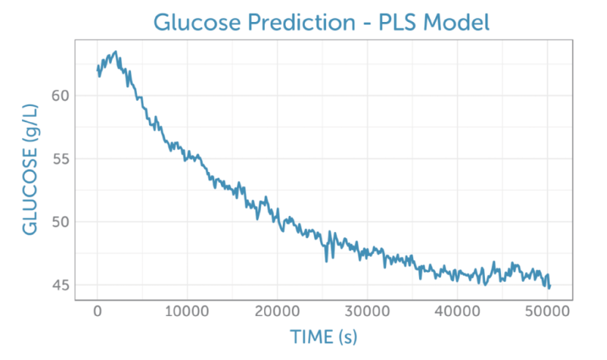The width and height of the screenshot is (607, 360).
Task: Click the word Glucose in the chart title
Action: coord(197,22)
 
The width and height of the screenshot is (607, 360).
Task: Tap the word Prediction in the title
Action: coord(301,22)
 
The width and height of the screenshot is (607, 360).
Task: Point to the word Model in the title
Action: coord(456,22)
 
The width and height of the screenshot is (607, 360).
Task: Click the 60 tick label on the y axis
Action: coord(61,95)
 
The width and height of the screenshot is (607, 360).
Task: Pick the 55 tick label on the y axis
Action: coord(61,159)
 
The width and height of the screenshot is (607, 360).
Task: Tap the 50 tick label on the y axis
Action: coord(61,222)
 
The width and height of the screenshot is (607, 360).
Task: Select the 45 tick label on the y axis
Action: coord(61,285)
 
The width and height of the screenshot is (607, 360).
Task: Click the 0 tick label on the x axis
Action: coord(97,311)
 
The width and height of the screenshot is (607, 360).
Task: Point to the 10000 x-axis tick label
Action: coord(187,311)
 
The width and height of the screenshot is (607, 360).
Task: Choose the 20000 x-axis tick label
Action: coord(277,311)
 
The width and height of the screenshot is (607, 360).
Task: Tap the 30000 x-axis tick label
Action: coord(367,311)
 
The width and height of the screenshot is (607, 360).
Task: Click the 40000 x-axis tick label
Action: coord(457,311)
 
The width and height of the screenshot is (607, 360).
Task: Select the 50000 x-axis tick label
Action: coord(547,311)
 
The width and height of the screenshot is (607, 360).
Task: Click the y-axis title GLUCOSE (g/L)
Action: coord(30,169)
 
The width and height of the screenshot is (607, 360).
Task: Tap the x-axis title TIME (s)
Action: coord(324,337)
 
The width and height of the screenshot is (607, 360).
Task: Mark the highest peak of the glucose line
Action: coord(116,51)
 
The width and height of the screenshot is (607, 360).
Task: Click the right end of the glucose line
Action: coord(550,286)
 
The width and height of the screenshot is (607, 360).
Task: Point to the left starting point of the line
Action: coord(97,70)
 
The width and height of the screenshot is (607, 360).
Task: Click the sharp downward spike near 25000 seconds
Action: coord(326,261)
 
